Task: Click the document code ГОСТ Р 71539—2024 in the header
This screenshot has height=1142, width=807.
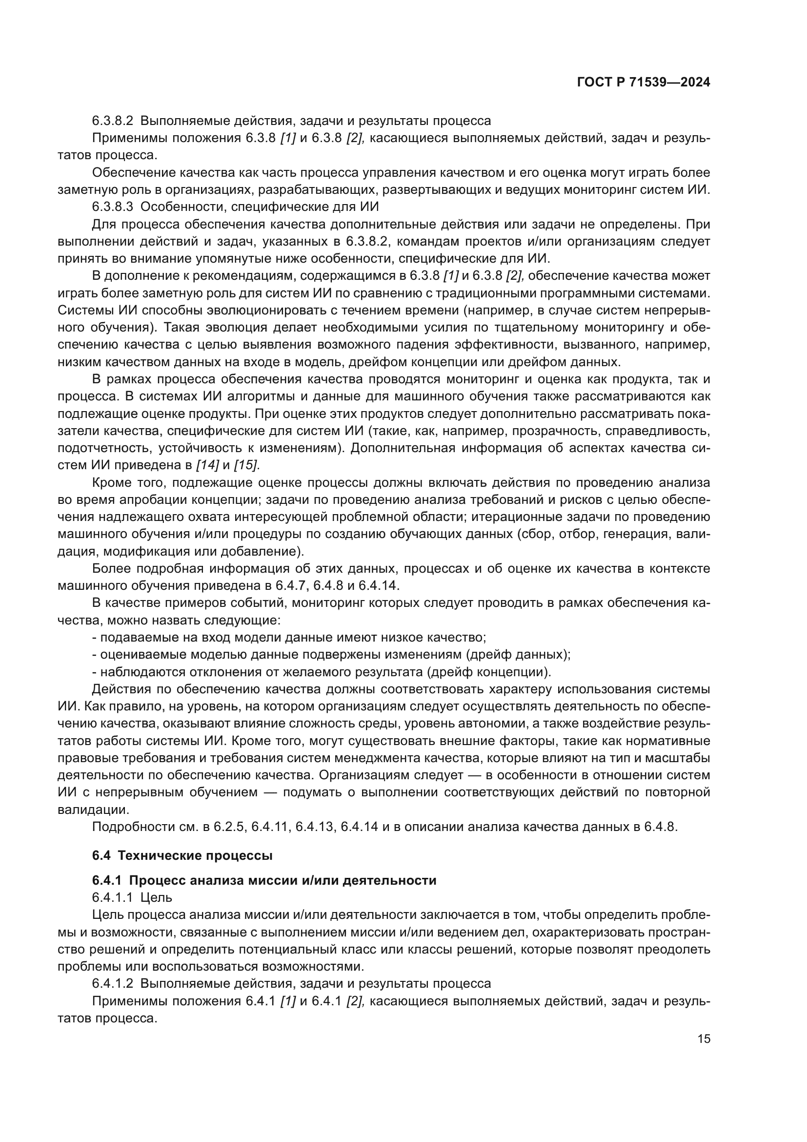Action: [643, 83]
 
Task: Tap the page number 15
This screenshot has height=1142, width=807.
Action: [704, 1039]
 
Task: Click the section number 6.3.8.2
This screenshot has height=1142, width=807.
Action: [112, 121]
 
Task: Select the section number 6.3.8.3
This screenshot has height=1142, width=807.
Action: [112, 207]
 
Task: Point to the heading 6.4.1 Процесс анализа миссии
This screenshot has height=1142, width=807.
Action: [264, 894]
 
